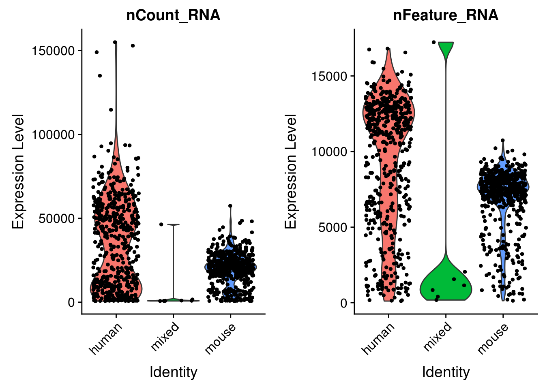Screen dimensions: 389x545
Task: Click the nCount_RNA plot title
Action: click(173, 15)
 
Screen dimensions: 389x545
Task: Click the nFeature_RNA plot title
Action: click(446, 15)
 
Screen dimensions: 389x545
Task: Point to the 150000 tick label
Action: click(54, 51)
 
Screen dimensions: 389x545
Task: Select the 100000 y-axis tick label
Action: click(54, 135)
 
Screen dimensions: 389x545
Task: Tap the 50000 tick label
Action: click(57, 218)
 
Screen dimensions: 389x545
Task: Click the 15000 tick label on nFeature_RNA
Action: click(329, 76)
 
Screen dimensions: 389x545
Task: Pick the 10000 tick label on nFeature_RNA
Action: click(329, 152)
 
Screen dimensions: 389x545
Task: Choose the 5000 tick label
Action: click(333, 227)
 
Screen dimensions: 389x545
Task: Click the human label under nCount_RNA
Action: click(105, 339)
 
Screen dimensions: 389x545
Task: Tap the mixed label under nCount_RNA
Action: click(165, 336)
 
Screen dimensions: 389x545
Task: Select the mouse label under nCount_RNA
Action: click(220, 339)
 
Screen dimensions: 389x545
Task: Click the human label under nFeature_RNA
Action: click(378, 339)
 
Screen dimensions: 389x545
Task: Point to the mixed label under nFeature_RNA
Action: click(438, 336)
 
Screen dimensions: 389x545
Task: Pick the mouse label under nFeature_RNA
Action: click(493, 339)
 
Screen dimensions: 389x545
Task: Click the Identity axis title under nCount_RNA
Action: click(173, 372)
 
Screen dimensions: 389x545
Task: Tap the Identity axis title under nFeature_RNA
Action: click(446, 372)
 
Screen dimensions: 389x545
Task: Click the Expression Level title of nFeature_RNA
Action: click(291, 171)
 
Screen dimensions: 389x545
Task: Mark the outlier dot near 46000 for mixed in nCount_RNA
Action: click(161, 224)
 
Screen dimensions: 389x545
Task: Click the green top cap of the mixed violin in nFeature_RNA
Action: click(446, 48)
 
